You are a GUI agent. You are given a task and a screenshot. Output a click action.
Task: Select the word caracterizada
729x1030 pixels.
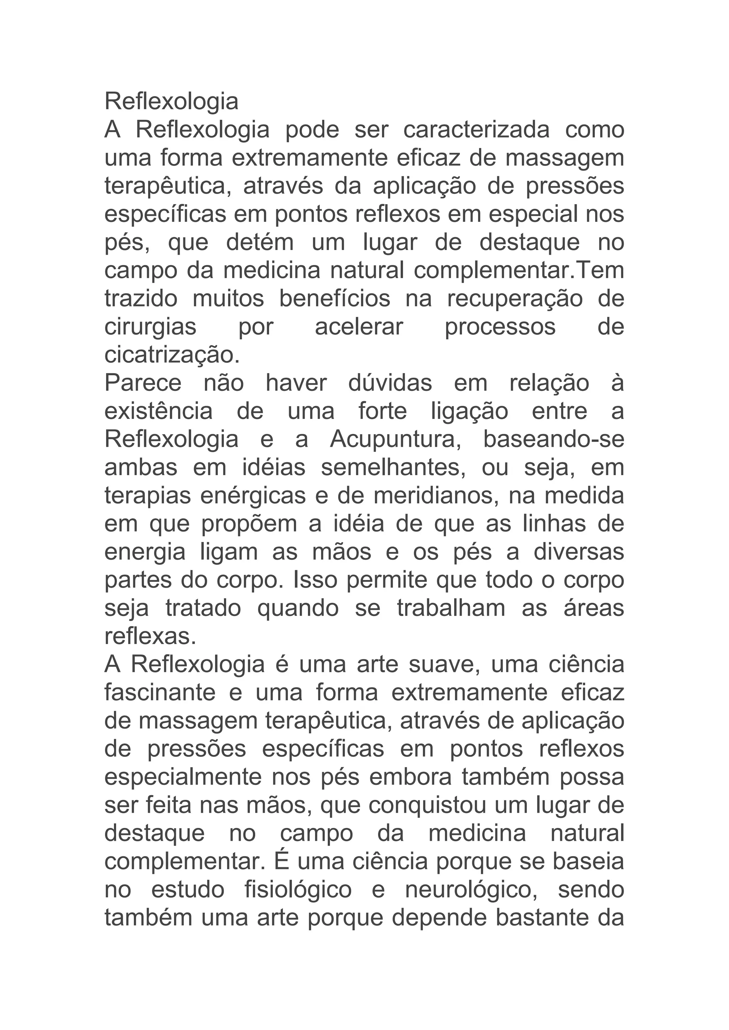[x=476, y=130]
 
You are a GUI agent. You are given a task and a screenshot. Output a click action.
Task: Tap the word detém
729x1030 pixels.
[x=260, y=243]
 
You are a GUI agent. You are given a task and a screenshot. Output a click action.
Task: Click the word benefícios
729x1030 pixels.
[x=335, y=299]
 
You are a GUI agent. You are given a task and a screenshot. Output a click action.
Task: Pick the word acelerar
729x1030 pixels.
[x=359, y=327]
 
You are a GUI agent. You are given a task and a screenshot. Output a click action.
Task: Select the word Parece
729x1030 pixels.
[x=143, y=383]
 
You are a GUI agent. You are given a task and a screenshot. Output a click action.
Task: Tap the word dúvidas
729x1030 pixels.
[x=390, y=383]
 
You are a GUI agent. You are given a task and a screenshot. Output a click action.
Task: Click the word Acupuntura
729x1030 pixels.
[x=396, y=440]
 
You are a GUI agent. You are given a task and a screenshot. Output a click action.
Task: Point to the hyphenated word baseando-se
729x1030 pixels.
[x=554, y=440]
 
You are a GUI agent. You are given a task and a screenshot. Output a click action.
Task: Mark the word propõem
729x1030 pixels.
[x=249, y=524]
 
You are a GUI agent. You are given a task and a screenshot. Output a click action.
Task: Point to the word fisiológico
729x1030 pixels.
[x=298, y=890]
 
